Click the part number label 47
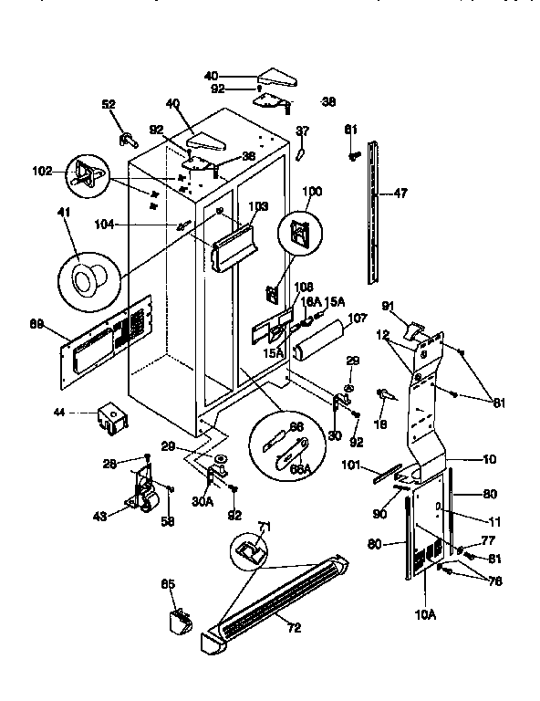coord(400,193)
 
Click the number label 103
coord(258,207)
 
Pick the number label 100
coord(312,191)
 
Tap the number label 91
coord(387,305)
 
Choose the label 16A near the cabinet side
coord(311,301)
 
